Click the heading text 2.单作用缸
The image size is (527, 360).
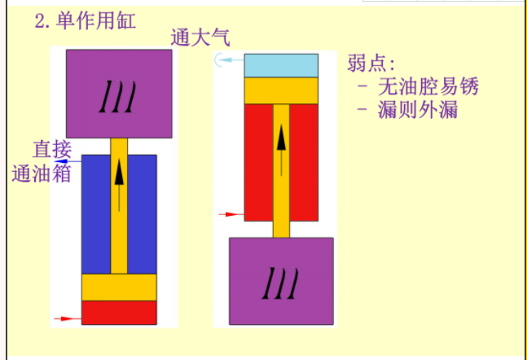pos(86,20)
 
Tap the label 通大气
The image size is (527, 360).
pos(200,37)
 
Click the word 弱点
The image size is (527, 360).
pos(371,63)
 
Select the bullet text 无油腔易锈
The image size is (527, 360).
pos(428,86)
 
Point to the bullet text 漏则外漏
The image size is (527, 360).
pos(418,110)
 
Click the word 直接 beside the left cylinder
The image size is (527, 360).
pos(52,150)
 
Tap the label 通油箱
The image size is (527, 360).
pos(42,173)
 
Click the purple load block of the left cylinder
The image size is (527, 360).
pos(119,94)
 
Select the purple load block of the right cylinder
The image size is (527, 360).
pos(281,281)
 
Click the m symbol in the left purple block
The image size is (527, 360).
pos(117,96)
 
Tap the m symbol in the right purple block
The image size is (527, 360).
pos(280,283)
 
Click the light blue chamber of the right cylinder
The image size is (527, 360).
pos(281,65)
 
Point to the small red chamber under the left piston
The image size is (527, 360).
pos(119,313)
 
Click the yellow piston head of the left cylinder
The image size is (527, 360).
pos(119,288)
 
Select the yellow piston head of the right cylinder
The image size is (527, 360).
pos(281,90)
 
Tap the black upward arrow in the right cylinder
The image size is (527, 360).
pos(281,150)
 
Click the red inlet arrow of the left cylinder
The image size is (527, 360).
pos(68,318)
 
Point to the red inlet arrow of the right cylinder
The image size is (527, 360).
pos(231,214)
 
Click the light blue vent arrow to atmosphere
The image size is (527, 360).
pos(229,60)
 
